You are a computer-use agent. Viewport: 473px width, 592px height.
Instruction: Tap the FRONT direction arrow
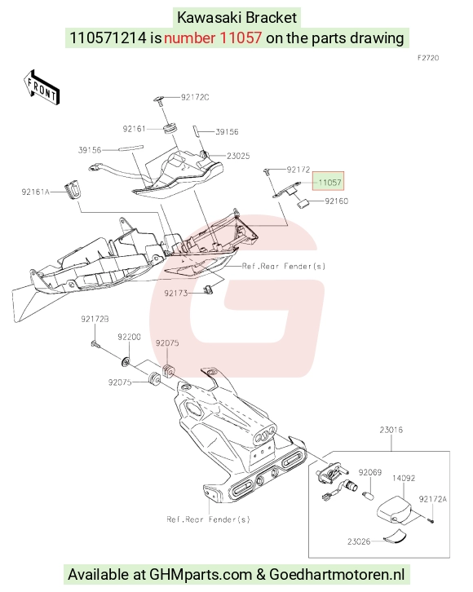(41, 87)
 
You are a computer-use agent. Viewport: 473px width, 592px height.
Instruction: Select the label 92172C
(195, 97)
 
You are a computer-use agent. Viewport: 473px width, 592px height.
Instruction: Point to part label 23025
(238, 156)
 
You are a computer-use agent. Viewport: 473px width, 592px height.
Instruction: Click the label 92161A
(36, 192)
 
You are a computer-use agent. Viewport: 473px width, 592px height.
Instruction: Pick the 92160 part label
(336, 201)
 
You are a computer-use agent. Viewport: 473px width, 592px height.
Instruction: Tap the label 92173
(176, 294)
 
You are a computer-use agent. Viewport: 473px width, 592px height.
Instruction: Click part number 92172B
(95, 319)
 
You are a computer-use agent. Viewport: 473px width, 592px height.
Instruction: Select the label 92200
(129, 337)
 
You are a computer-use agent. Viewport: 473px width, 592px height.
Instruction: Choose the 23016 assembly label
(391, 430)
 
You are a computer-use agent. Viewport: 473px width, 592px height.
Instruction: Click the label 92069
(370, 473)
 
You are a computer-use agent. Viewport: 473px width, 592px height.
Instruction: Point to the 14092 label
(404, 479)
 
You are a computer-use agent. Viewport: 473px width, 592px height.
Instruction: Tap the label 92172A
(432, 499)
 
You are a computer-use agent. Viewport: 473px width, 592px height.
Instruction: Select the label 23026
(359, 541)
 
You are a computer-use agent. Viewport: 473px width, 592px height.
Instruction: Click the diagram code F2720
(428, 58)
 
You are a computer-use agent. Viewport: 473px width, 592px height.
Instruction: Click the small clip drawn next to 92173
(208, 289)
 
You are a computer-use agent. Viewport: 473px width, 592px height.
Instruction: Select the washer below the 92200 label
(126, 362)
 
